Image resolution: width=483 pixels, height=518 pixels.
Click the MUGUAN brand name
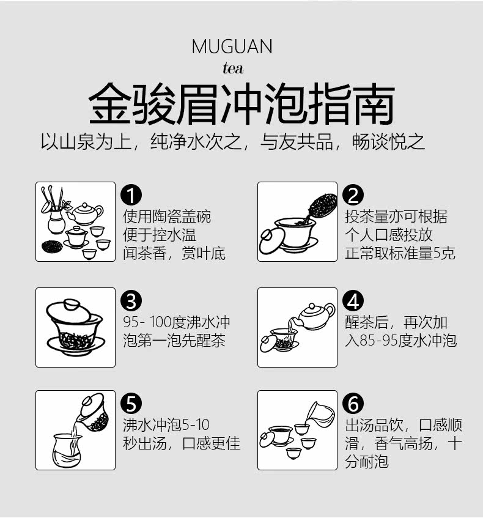[x=232, y=46]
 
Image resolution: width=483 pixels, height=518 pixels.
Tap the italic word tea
[x=233, y=68]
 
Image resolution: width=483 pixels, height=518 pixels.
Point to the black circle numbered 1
[x=131, y=195]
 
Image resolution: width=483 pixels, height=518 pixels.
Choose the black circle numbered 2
[x=353, y=195]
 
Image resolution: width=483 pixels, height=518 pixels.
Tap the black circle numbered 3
[x=131, y=301]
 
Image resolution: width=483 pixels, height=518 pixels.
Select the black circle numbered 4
[x=353, y=301]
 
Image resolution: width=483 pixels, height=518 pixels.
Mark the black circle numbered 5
[x=131, y=404]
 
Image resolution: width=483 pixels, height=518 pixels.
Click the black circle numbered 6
[x=353, y=404]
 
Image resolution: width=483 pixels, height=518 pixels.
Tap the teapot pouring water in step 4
[x=315, y=316]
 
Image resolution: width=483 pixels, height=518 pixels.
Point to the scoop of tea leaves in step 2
[x=322, y=206]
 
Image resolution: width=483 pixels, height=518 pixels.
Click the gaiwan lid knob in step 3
[x=72, y=304]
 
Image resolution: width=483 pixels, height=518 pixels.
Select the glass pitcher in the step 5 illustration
[x=67, y=451]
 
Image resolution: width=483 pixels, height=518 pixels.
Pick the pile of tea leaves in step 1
[x=52, y=246]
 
